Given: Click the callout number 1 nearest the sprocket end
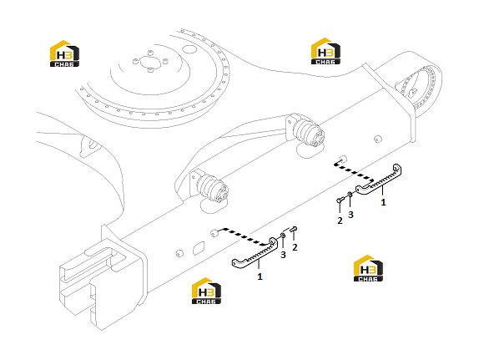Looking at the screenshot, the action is point(383,202).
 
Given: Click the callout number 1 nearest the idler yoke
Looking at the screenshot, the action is point(260,276).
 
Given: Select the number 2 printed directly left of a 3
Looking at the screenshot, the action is point(340,221).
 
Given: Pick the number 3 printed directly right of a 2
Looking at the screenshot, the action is point(350,215).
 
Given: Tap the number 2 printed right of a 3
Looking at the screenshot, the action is point(295,247).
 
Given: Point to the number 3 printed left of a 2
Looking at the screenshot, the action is point(283,255).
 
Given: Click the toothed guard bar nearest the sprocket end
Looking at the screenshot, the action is point(379,180).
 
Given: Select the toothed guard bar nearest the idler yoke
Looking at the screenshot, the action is point(255,254).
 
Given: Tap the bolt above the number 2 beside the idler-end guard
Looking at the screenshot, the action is point(294,229).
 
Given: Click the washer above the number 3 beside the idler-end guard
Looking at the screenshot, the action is point(283,236).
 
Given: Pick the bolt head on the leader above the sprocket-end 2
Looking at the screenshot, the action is point(340,200).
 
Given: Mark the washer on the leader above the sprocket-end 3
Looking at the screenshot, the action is point(350,194).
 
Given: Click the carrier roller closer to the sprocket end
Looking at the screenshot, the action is point(309,133).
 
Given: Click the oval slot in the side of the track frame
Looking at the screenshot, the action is point(199,248).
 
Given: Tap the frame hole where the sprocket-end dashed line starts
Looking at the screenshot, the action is point(342,160).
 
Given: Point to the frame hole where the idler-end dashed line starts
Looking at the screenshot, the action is point(214,233).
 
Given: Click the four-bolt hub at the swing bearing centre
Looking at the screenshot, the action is point(150,61).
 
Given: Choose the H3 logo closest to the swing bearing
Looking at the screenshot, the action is point(64,53).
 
